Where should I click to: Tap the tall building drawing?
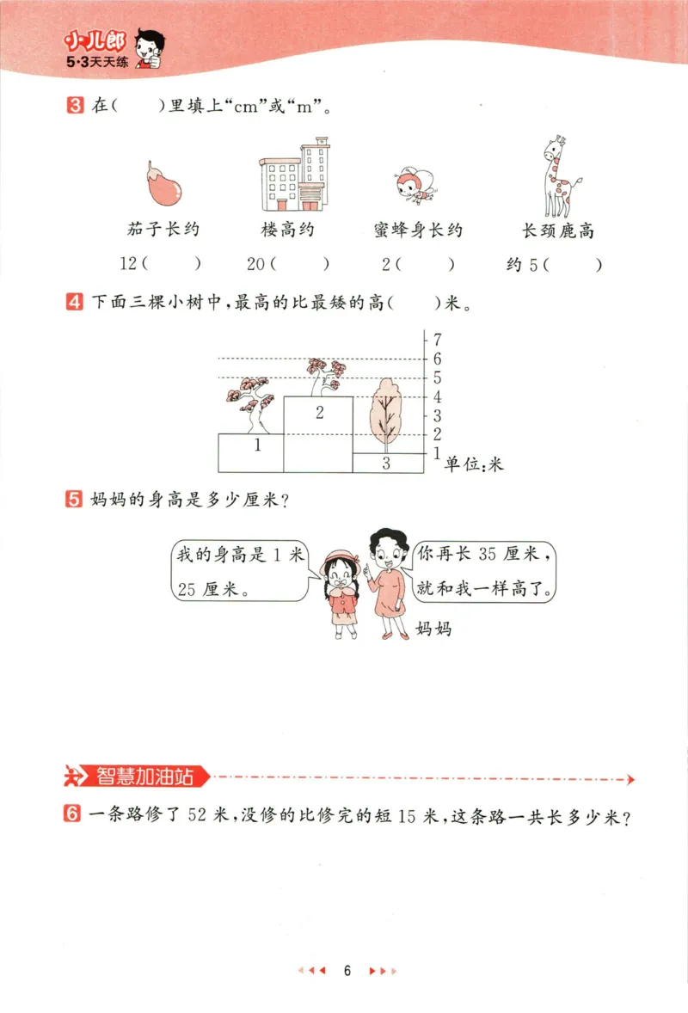coord(294,175)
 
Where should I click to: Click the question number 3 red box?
coord(74,107)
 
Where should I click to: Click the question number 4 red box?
coord(74,303)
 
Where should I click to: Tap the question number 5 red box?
coord(74,499)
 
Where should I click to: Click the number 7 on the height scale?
coord(437,339)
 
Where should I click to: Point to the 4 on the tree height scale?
coord(437,396)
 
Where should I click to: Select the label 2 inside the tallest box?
coord(319,414)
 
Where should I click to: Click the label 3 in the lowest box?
coord(386,464)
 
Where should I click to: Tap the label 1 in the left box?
coord(257,445)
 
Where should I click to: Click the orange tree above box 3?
coord(383,414)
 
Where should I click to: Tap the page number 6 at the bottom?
coord(347,971)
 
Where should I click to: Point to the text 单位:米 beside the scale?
coord(473,464)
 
